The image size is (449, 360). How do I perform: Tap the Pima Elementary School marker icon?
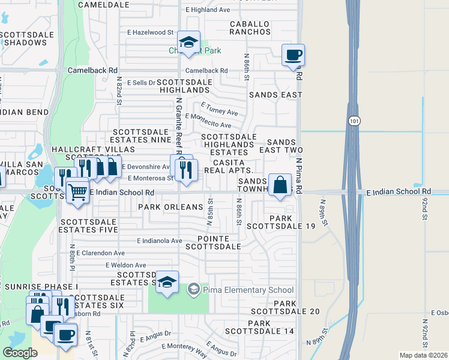pyautogui.click(x=193, y=290)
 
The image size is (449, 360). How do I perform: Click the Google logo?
pyautogui.click(x=20, y=353)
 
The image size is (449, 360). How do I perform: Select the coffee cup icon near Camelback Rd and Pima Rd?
pyautogui.click(x=294, y=55)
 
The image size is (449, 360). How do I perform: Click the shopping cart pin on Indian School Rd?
pyautogui.click(x=77, y=192)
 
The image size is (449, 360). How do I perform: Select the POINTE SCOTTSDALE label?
pyautogui.click(x=213, y=242)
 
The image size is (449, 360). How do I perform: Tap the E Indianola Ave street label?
pyautogui.click(x=159, y=241)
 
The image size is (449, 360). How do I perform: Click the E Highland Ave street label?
pyautogui.click(x=208, y=10)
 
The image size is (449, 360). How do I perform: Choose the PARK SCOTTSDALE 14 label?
pyautogui.click(x=271, y=327)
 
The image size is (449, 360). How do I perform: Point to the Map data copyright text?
pyautogui.click(x=424, y=355)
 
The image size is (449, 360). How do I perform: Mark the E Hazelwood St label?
pyautogui.click(x=150, y=32)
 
